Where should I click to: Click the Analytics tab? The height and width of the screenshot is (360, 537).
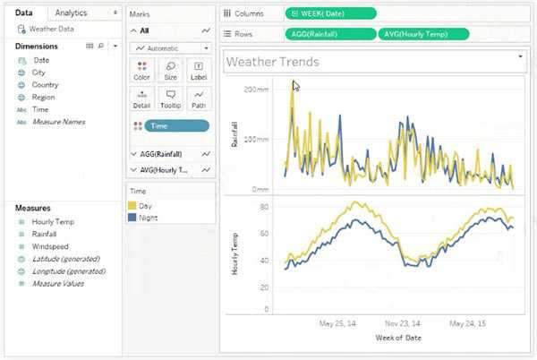pyautogui.click(x=72, y=13)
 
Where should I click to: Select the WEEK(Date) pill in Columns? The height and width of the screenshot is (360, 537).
pyautogui.click(x=330, y=14)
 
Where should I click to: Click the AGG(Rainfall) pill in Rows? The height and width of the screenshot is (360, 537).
pyautogui.click(x=331, y=34)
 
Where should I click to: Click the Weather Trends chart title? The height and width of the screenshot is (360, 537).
pyautogui.click(x=273, y=62)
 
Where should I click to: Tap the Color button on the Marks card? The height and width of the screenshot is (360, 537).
pyautogui.click(x=141, y=70)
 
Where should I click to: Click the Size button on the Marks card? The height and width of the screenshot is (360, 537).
pyautogui.click(x=169, y=70)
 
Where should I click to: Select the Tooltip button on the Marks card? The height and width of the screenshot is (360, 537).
pyautogui.click(x=169, y=98)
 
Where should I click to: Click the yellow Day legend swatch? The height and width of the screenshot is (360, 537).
pyautogui.click(x=132, y=206)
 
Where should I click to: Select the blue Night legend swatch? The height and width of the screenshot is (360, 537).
pyautogui.click(x=132, y=218)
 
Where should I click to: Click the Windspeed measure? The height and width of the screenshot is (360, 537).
pyautogui.click(x=51, y=246)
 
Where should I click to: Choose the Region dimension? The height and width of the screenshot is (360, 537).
pyautogui.click(x=44, y=97)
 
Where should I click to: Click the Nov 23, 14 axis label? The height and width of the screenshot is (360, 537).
pyautogui.click(x=403, y=323)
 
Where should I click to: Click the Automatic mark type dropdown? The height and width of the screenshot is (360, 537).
pyautogui.click(x=169, y=47)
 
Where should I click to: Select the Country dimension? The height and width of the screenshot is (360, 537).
pyautogui.click(x=45, y=84)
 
